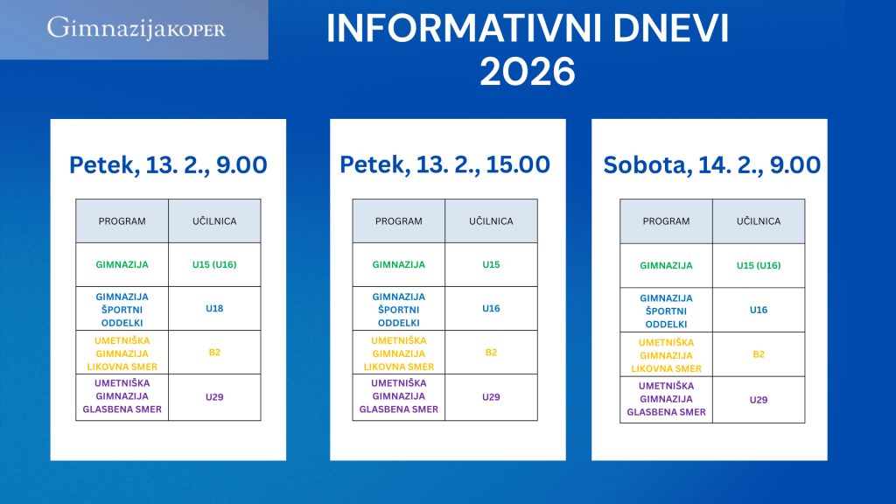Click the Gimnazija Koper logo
point(136,28)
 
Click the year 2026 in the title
point(527,72)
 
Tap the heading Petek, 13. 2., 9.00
point(168,165)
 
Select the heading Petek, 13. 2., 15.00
point(444,165)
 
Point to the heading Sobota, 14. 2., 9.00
point(712,165)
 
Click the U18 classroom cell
point(214,309)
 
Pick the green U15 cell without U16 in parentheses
point(491,264)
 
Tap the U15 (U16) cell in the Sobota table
point(759,265)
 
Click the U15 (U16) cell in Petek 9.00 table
point(214,264)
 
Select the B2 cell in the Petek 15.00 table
point(491,353)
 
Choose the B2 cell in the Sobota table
point(759,354)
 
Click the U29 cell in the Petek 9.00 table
point(214,397)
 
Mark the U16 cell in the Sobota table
point(759,310)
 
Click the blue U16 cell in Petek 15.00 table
point(491,309)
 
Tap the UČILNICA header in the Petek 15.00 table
point(491,221)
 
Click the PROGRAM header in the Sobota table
point(666,221)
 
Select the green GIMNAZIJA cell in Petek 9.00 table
point(122,264)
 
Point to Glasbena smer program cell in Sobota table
point(666,399)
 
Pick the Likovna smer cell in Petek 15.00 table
point(399,353)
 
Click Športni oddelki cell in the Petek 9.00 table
point(122,309)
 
